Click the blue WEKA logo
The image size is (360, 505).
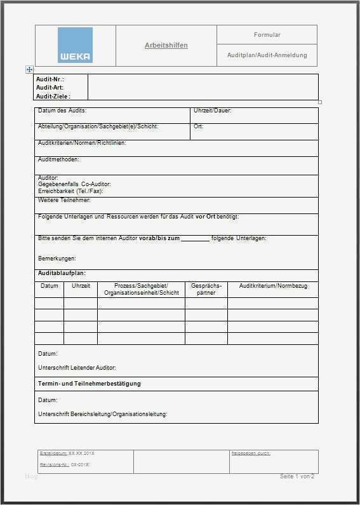tap(75, 45)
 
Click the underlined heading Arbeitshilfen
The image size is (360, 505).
tap(166, 46)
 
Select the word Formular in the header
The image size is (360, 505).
tap(267, 35)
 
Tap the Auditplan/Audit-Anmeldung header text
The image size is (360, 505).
tap(267, 55)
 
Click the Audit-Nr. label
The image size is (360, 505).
tap(50, 79)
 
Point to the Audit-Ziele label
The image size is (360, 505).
tap(52, 96)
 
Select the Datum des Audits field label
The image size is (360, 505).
tap(62, 111)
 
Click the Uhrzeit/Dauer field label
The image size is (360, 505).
tap(213, 111)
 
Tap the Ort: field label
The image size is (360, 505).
tap(198, 126)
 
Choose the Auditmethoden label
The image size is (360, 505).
tap(58, 159)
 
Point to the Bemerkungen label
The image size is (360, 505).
tap(57, 259)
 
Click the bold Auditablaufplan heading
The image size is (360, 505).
tap(62, 273)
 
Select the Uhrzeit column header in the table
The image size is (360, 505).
tap(81, 286)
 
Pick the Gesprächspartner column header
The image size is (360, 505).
tap(206, 290)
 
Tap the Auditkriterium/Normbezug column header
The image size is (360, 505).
tap(273, 286)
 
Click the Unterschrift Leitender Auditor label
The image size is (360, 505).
tap(77, 368)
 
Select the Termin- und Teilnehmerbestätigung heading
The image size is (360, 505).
tap(90, 384)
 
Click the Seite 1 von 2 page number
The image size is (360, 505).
tap(297, 476)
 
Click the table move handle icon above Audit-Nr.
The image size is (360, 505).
tap(29, 69)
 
